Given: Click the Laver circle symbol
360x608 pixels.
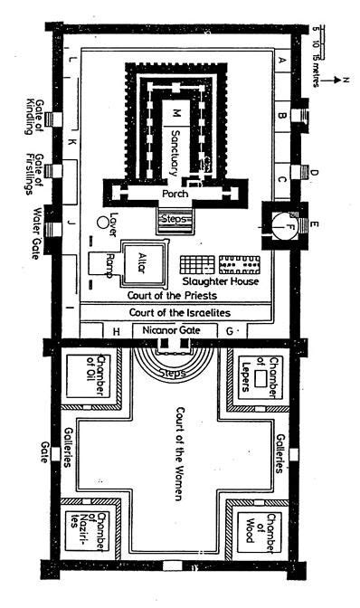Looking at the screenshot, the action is [x=102, y=223].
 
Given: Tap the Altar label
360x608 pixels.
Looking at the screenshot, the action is [x=142, y=263].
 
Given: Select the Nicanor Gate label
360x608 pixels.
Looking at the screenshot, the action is [x=171, y=330].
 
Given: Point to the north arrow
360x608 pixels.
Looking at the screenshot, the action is [x=332, y=81].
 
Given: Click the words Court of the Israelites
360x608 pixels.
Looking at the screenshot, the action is [x=180, y=312].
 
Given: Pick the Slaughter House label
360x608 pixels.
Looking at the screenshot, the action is [x=221, y=280].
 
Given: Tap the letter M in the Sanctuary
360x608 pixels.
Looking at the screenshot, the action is [x=176, y=113].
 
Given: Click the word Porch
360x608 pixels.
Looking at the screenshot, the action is [x=175, y=193].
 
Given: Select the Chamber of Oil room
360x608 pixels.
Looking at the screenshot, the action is [x=88, y=375].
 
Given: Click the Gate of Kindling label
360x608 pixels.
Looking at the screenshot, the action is [x=34, y=117].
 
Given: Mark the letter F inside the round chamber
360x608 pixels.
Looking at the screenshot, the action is [x=288, y=226].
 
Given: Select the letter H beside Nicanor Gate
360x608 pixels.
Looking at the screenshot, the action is [x=116, y=331].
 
